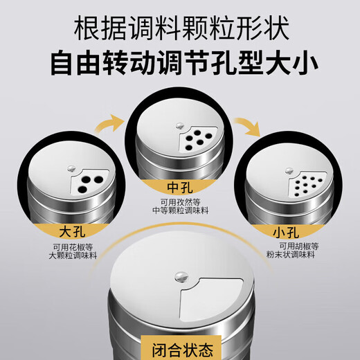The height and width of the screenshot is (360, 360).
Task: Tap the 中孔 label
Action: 180,187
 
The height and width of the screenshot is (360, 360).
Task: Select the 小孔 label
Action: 286,233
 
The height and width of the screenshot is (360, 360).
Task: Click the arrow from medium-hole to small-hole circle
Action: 249,126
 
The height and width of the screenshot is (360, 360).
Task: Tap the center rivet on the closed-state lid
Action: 181,276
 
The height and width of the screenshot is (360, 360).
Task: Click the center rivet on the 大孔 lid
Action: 72,168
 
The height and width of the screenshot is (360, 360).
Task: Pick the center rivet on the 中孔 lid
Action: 179,126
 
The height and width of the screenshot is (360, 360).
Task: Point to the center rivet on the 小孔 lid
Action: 289,171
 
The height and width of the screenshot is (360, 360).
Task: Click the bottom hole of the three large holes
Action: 82,190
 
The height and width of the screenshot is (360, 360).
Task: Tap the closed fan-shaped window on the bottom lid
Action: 211,299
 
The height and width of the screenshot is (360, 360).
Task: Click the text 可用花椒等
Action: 73,247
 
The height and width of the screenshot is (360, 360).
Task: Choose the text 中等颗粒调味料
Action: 181,210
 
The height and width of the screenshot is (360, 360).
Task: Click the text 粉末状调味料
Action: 291,255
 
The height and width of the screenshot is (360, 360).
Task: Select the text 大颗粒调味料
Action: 73,255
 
